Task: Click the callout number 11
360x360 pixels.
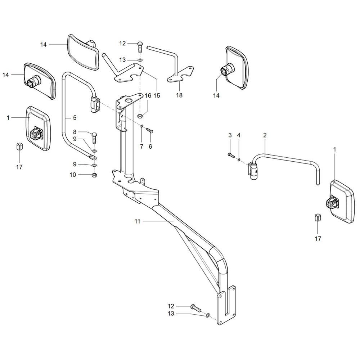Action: tap(137, 222)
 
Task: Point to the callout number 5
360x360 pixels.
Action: tap(75, 117)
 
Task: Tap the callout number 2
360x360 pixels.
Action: tap(265, 135)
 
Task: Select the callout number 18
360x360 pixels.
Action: tap(179, 95)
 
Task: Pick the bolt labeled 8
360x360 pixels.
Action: tap(94, 137)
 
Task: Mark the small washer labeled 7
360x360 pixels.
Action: tap(142, 126)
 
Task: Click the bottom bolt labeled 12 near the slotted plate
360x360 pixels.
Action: tap(195, 307)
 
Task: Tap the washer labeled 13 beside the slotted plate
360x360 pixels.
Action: tap(207, 316)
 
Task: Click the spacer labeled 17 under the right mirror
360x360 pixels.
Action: tap(318, 218)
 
